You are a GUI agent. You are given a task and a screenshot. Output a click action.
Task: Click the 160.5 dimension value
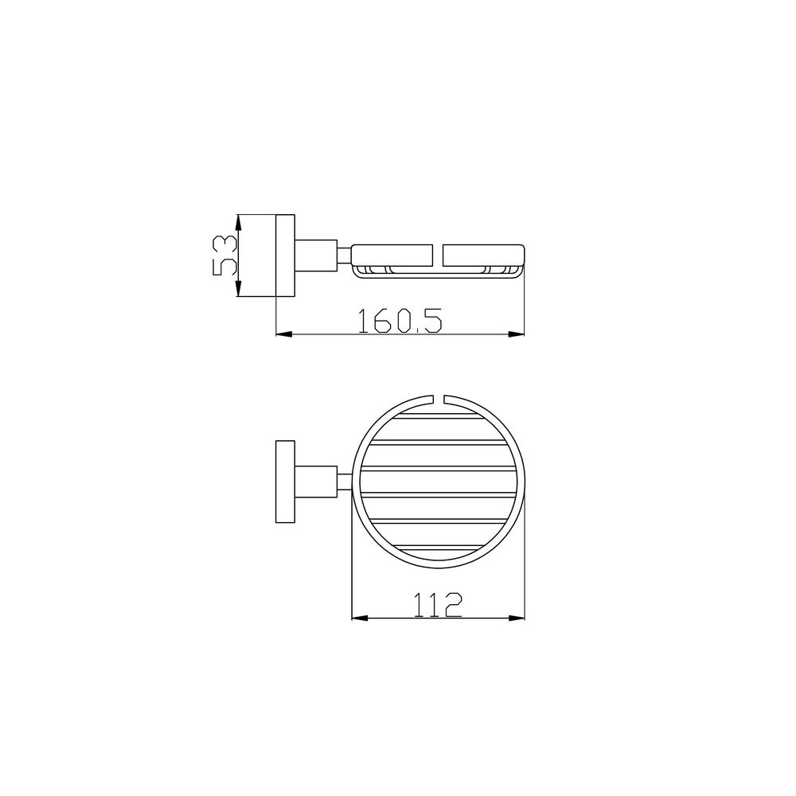[400, 321]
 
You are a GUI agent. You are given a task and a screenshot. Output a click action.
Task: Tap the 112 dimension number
[438, 605]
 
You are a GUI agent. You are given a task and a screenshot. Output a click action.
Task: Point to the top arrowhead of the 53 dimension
[238, 222]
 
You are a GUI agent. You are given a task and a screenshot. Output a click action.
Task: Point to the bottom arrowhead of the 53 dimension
[238, 289]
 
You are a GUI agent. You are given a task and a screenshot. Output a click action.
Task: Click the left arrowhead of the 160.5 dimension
[284, 334]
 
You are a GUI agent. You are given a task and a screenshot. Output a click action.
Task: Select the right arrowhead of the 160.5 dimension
[517, 334]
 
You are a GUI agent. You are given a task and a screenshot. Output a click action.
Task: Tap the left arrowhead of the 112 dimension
[360, 618]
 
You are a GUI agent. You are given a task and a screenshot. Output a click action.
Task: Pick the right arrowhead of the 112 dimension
[517, 618]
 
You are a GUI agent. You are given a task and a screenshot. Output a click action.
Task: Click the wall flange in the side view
[285, 256]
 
